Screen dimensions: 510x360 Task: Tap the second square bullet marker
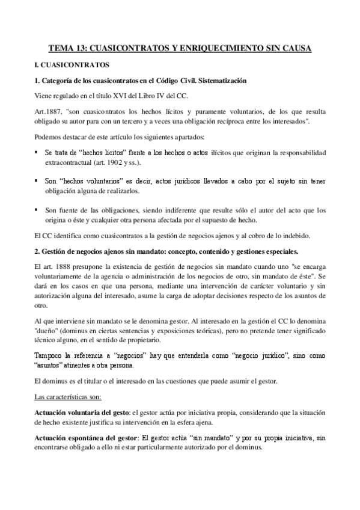pyautogui.click(x=38, y=179)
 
